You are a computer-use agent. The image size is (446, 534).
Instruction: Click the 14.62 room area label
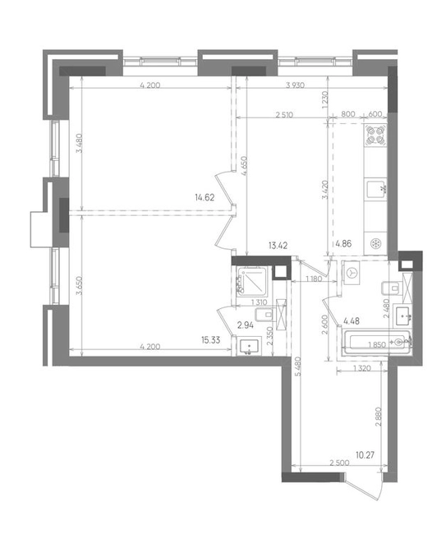coord(205,197)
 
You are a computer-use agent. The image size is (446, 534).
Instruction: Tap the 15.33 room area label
coord(210,340)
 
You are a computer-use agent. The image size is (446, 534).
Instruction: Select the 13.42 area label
coord(278,246)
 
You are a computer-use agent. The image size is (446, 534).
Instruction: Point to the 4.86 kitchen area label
coord(343,244)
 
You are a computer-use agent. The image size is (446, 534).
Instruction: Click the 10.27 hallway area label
coord(365,455)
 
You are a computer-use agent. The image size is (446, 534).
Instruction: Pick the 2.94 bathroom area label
coord(246,325)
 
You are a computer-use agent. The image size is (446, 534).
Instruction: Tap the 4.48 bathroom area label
coord(352,320)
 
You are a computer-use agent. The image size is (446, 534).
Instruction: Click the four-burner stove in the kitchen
coord(375,135)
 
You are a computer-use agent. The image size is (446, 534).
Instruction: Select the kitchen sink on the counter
coord(375,189)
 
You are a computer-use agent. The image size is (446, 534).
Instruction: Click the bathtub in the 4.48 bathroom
coord(376,343)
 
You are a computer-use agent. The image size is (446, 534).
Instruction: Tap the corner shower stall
coord(252,281)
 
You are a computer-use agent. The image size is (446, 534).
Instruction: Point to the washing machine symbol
coord(352,273)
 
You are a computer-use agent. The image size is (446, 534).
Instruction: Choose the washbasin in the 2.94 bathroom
coord(250,347)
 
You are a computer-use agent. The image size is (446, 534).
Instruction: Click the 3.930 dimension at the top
coord(295,85)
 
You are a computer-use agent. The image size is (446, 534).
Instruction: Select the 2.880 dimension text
coord(379,417)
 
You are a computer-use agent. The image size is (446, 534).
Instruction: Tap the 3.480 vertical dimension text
coord(79,144)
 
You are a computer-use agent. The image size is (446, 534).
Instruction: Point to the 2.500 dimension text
coord(339,463)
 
